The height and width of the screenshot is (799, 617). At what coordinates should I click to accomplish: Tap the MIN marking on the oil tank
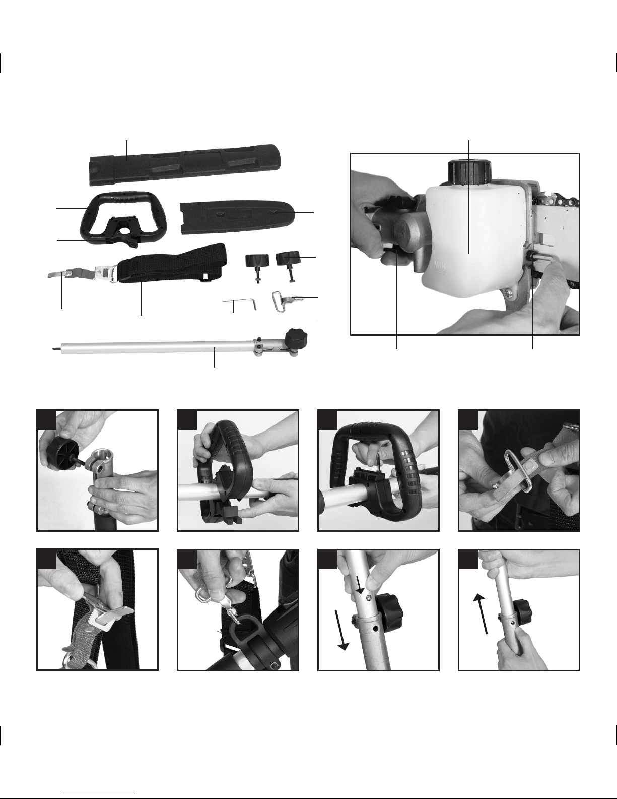click(x=440, y=265)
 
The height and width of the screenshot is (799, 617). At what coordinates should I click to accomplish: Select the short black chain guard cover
click(x=238, y=217)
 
